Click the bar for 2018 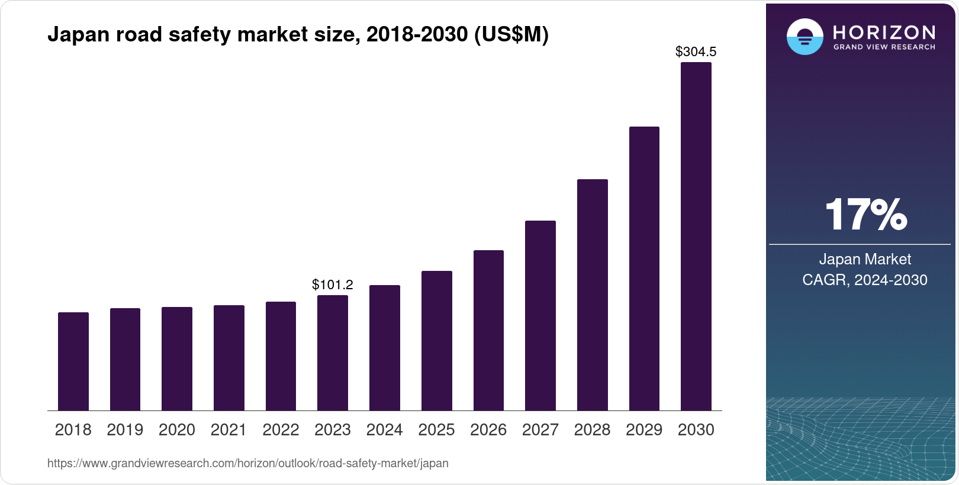point(73,361)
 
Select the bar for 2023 point(333,353)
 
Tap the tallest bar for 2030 point(696,237)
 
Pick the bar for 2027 point(540,316)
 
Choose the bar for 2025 point(437,341)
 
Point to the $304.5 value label point(696,52)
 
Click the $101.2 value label point(333,285)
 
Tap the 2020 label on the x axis point(177,430)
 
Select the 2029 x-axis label point(644,430)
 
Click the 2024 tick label point(385,430)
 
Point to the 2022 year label point(281,430)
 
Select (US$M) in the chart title point(511,35)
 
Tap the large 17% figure point(865,215)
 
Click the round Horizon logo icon point(804,37)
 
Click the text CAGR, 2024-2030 point(864,280)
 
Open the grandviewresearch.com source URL point(247,464)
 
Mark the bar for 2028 point(593,295)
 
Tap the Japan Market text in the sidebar point(865,259)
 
